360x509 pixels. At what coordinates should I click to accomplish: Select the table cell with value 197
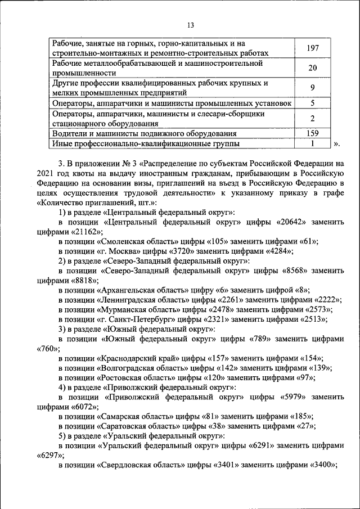(312, 48)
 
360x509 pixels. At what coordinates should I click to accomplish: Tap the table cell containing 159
(312, 133)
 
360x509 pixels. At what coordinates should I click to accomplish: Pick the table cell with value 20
(312, 68)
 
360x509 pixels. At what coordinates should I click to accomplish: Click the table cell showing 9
(312, 88)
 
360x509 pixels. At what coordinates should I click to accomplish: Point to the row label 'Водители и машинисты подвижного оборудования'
(144, 134)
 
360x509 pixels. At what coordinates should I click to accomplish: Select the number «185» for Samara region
(299, 416)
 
